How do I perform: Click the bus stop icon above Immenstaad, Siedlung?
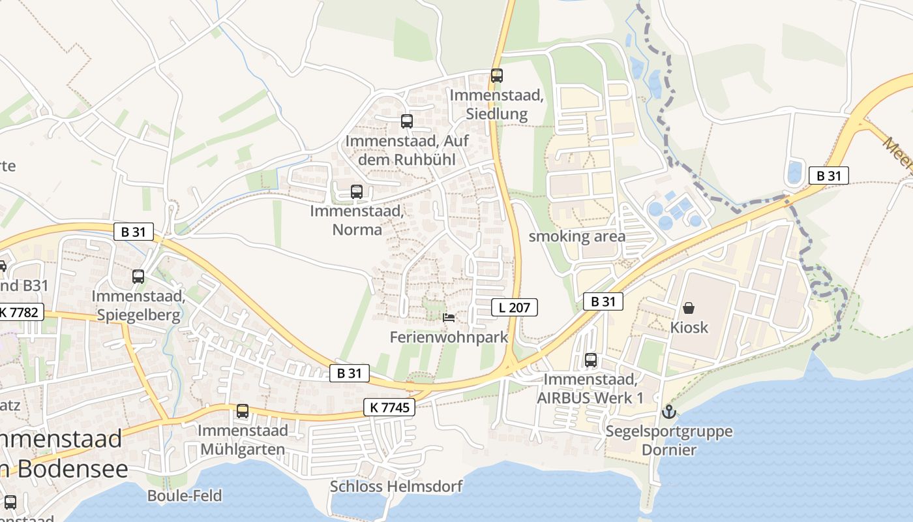[x=497, y=76]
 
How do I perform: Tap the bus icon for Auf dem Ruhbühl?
[x=407, y=121]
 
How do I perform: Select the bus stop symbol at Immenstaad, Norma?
[x=357, y=192]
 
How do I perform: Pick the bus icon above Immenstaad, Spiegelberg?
[x=138, y=277]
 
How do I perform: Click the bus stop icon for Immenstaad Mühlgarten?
[x=243, y=411]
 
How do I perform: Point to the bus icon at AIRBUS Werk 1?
[x=591, y=360]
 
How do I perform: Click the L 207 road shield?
[x=515, y=307]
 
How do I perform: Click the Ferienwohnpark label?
[x=449, y=337]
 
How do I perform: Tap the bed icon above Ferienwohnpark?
[x=449, y=318]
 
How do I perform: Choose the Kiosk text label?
[x=689, y=327]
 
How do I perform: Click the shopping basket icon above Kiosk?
[x=689, y=307]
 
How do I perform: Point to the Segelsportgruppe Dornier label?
[x=669, y=440]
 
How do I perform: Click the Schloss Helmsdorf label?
[x=396, y=486]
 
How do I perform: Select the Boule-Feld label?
[x=185, y=495]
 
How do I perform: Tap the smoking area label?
[x=576, y=236]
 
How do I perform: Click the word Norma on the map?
[x=357, y=229]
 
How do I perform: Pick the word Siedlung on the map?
[x=497, y=114]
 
